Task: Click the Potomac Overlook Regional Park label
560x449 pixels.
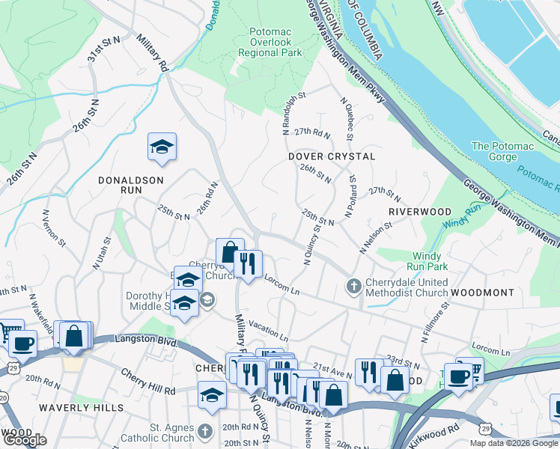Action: coord(270,43)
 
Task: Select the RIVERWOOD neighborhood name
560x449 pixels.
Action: coord(420,212)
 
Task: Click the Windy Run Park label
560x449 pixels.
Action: coord(427,261)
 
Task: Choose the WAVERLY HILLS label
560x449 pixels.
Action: coord(83,407)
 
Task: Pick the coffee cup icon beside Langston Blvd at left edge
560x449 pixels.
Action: coord(22,343)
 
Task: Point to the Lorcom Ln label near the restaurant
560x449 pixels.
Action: coord(281,284)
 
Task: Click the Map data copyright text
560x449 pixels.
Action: coord(514,443)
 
